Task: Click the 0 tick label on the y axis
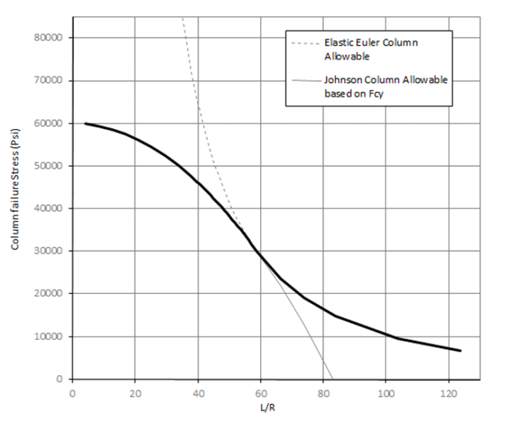tap(60, 378)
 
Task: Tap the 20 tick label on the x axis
tap(135, 393)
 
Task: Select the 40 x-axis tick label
tap(198, 393)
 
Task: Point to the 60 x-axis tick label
tap(260, 393)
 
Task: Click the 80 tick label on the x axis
tap(323, 393)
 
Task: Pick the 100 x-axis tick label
tap(385, 393)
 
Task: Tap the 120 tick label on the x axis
tap(448, 393)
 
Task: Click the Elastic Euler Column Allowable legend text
tap(371, 49)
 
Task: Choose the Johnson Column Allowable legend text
tap(385, 86)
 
